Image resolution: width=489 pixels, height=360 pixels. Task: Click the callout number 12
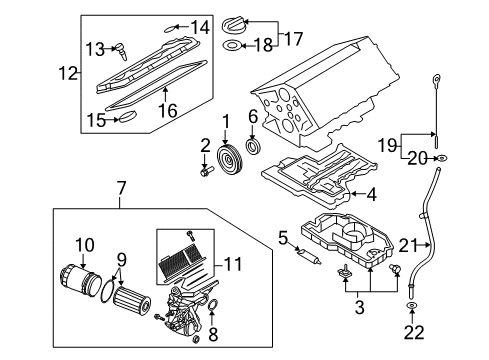coord(68,73)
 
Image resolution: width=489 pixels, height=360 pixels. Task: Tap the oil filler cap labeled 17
coord(234,26)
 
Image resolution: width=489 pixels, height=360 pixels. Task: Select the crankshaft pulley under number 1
coord(230,160)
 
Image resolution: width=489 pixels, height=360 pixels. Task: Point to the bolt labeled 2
coord(207,171)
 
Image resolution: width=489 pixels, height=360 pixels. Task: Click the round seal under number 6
coord(254,147)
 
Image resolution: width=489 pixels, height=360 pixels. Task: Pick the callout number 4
coord(371,194)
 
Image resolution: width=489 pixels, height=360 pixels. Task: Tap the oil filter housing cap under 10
coord(81,278)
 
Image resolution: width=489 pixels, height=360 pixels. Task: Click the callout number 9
coord(122,260)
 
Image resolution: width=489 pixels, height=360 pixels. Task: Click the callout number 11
coord(233,264)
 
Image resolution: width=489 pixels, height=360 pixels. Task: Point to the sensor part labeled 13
coord(122,52)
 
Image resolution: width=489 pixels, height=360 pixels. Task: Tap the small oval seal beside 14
coord(169,29)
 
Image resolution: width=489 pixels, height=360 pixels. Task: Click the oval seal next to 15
coord(128,117)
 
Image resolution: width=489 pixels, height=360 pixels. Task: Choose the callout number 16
coord(168,110)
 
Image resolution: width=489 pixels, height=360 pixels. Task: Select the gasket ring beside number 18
coord(231,45)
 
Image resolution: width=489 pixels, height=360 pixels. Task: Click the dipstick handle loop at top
coord(436,80)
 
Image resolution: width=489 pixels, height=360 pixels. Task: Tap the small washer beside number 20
coord(442,158)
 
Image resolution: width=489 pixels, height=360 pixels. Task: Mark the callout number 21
coord(408,246)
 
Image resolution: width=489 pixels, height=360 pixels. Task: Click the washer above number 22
coord(412,305)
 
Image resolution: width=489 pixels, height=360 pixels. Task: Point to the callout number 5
coord(283,238)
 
